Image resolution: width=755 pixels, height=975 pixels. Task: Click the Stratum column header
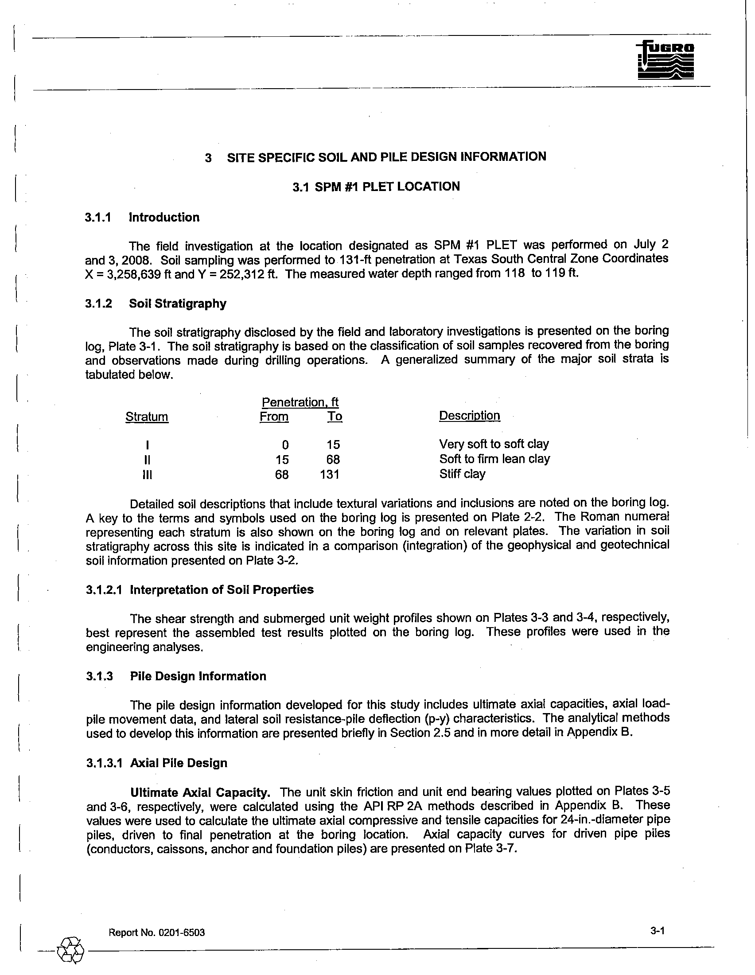pos(147,417)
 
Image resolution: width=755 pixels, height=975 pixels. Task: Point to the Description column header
pos(469,416)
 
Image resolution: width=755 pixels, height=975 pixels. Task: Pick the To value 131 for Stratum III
pos(330,474)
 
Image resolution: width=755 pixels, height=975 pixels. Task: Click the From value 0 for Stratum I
pos(285,445)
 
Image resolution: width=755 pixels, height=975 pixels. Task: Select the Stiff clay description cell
pos(462,474)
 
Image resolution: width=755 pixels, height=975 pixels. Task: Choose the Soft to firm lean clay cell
pos(494,459)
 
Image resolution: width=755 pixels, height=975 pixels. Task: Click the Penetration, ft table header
pos(300,402)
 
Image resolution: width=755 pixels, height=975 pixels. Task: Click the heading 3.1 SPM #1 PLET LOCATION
pos(376,187)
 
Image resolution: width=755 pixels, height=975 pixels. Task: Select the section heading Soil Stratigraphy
pos(178,304)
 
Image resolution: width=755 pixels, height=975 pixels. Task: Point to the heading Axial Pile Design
pos(179,763)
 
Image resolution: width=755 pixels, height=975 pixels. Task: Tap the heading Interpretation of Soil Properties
pos(222,590)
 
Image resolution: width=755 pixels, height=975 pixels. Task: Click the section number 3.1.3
pos(100,676)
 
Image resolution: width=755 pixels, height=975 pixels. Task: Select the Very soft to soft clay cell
pos(494,444)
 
